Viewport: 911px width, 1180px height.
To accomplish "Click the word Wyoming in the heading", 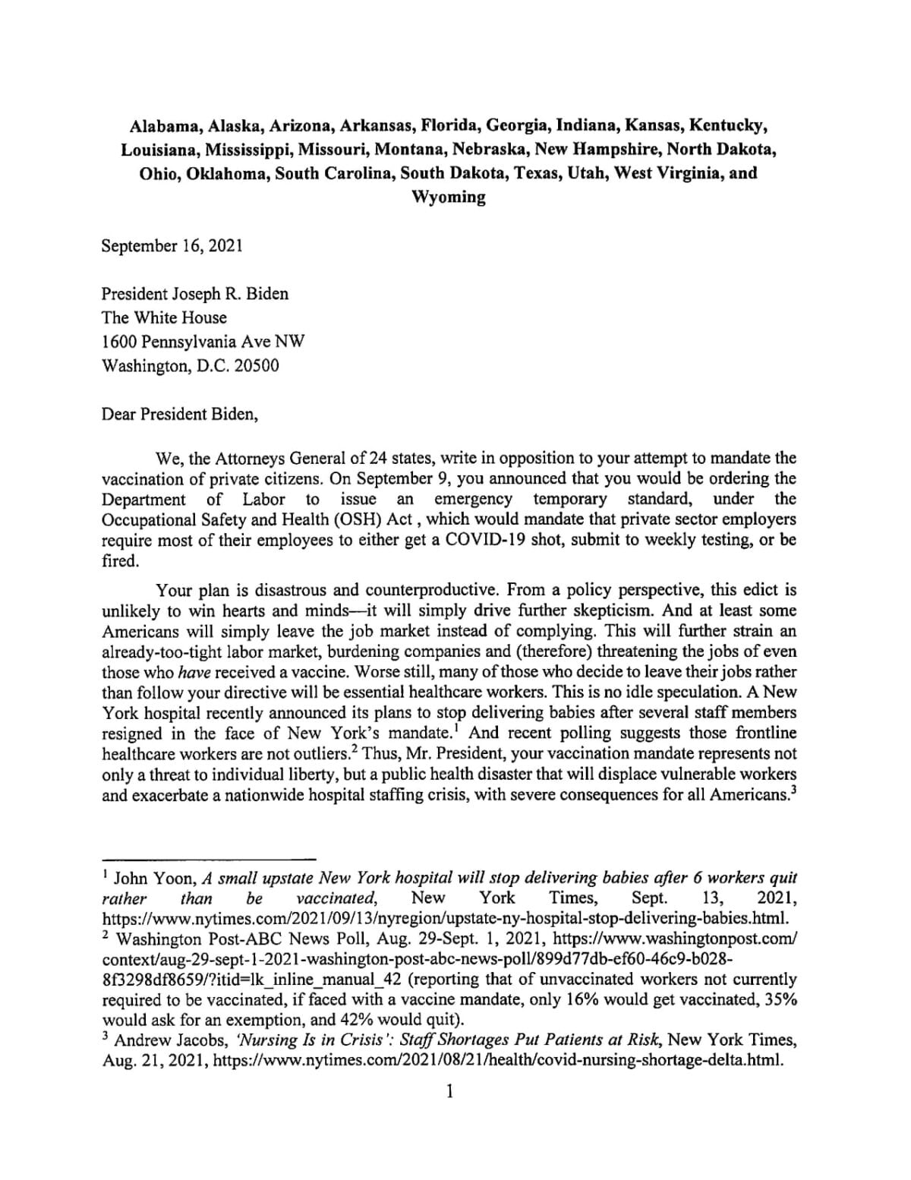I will [x=448, y=197].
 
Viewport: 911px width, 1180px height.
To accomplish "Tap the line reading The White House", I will [x=165, y=317].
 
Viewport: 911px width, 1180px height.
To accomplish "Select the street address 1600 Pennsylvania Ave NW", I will [x=203, y=342].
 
